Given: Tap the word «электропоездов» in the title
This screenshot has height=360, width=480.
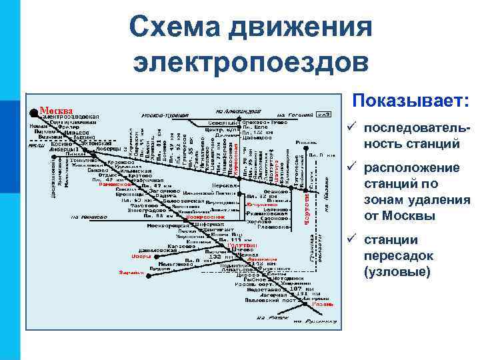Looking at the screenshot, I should coord(249,63).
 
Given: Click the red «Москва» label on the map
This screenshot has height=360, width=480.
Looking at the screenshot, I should coord(55,111).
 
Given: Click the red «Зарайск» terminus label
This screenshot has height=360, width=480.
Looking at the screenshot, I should coord(131,272).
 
